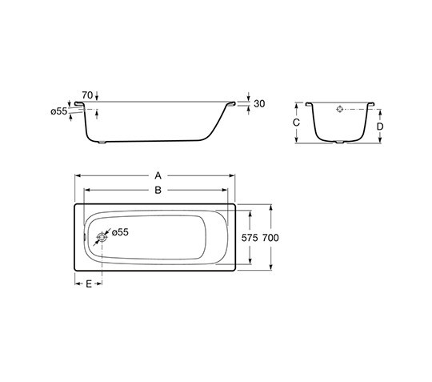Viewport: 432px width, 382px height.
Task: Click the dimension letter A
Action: pyautogui.click(x=158, y=175)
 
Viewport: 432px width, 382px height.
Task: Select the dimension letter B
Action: pyautogui.click(x=158, y=190)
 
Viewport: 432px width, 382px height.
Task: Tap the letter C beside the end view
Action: pyautogui.click(x=296, y=123)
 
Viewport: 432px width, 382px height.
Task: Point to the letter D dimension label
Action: pyautogui.click(x=380, y=127)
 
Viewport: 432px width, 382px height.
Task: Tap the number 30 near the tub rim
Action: pyautogui.click(x=258, y=104)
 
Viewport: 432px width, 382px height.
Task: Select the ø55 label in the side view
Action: pyautogui.click(x=58, y=111)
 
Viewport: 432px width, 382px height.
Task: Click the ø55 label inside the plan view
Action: pyautogui.click(x=119, y=231)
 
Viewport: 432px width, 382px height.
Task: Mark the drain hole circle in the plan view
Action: pyautogui.click(x=102, y=238)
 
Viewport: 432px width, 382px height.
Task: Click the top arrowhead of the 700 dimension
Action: pyautogui.click(x=272, y=205)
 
